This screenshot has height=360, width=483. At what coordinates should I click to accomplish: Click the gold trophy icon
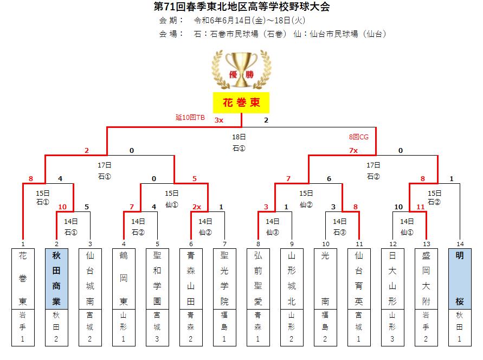(241, 70)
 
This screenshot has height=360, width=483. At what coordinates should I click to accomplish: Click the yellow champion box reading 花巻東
(241, 102)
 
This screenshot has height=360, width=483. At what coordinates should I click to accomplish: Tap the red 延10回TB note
(190, 117)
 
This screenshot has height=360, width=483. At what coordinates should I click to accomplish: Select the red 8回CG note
(358, 137)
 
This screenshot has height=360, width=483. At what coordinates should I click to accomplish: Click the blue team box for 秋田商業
(56, 279)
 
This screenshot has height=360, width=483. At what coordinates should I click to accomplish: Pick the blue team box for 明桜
(460, 279)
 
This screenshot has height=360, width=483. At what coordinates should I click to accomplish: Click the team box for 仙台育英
(359, 279)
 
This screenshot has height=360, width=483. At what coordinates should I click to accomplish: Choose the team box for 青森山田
(191, 279)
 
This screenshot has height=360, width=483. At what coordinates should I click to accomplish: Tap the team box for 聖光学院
(224, 279)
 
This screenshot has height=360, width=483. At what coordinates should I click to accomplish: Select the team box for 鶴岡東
(124, 279)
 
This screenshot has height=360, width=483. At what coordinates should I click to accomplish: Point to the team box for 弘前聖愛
(258, 279)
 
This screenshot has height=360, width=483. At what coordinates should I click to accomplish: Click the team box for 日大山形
(392, 279)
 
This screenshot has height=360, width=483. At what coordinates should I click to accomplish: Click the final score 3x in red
(218, 120)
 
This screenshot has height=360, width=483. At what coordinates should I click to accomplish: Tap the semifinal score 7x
(353, 151)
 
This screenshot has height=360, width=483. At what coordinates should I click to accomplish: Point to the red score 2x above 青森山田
(197, 207)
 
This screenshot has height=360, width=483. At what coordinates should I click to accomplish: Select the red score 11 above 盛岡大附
(421, 207)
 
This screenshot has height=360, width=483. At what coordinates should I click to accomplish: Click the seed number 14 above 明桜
(460, 244)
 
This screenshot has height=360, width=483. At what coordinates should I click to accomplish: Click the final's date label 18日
(239, 137)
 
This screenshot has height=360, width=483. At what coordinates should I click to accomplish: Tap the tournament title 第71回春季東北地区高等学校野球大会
(242, 7)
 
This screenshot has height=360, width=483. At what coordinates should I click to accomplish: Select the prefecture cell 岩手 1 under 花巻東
(23, 327)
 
